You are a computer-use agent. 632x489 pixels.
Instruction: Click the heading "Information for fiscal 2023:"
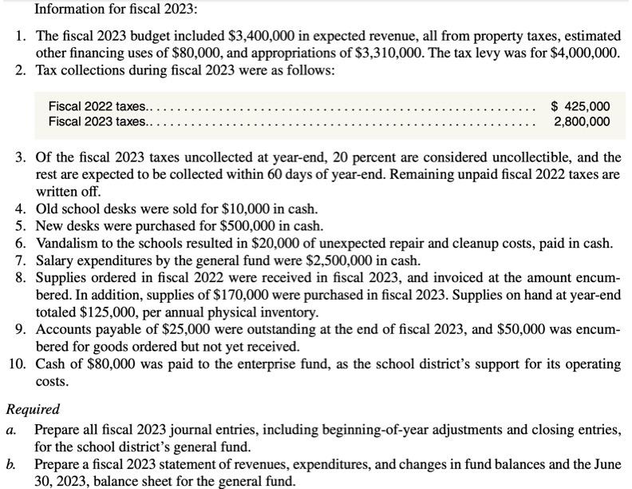(x=105, y=10)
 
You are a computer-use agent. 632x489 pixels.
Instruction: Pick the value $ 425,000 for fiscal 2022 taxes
(x=581, y=105)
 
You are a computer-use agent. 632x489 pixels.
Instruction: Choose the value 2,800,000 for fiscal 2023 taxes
(x=582, y=121)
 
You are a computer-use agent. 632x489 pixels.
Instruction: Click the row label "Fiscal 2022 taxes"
(x=97, y=105)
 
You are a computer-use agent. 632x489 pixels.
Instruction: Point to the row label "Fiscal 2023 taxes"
(x=97, y=121)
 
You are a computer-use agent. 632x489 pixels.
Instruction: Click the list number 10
(x=18, y=364)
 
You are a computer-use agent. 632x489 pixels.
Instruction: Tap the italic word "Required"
(x=33, y=409)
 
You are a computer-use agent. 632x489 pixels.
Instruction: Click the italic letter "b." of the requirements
(x=12, y=464)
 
